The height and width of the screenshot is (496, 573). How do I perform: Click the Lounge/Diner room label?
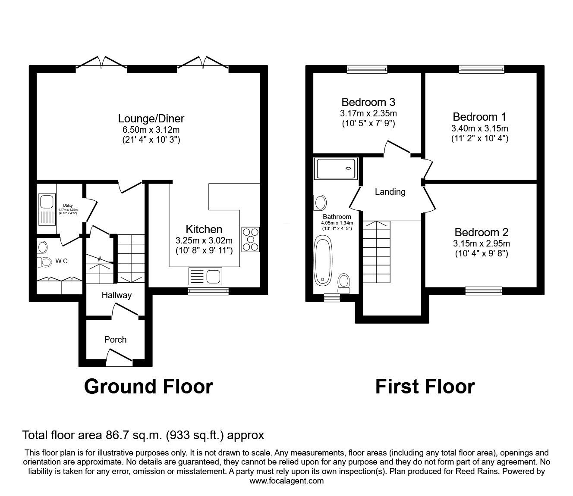click(151, 119)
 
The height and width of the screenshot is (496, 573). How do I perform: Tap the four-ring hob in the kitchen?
click(251, 239)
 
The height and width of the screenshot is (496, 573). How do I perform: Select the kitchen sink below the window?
click(205, 277)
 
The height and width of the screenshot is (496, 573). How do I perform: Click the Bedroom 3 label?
click(368, 102)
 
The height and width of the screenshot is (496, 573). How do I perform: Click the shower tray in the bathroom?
click(337, 168)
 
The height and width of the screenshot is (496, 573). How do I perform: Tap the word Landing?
click(390, 192)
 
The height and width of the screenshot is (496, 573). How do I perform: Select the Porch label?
click(115, 340)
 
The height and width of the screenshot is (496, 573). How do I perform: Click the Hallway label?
click(116, 295)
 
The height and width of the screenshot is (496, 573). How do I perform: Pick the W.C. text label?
click(62, 261)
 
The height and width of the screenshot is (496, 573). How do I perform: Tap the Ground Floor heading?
click(148, 387)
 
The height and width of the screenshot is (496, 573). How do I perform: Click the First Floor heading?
click(425, 387)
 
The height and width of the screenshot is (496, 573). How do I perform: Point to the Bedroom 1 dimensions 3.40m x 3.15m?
click(479, 128)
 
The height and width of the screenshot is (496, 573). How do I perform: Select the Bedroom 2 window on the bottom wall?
click(484, 292)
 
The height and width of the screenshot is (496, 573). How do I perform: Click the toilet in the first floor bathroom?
click(344, 281)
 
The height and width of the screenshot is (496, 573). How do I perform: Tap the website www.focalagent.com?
click(286, 481)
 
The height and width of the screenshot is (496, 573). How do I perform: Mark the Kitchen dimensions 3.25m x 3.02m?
click(204, 240)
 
